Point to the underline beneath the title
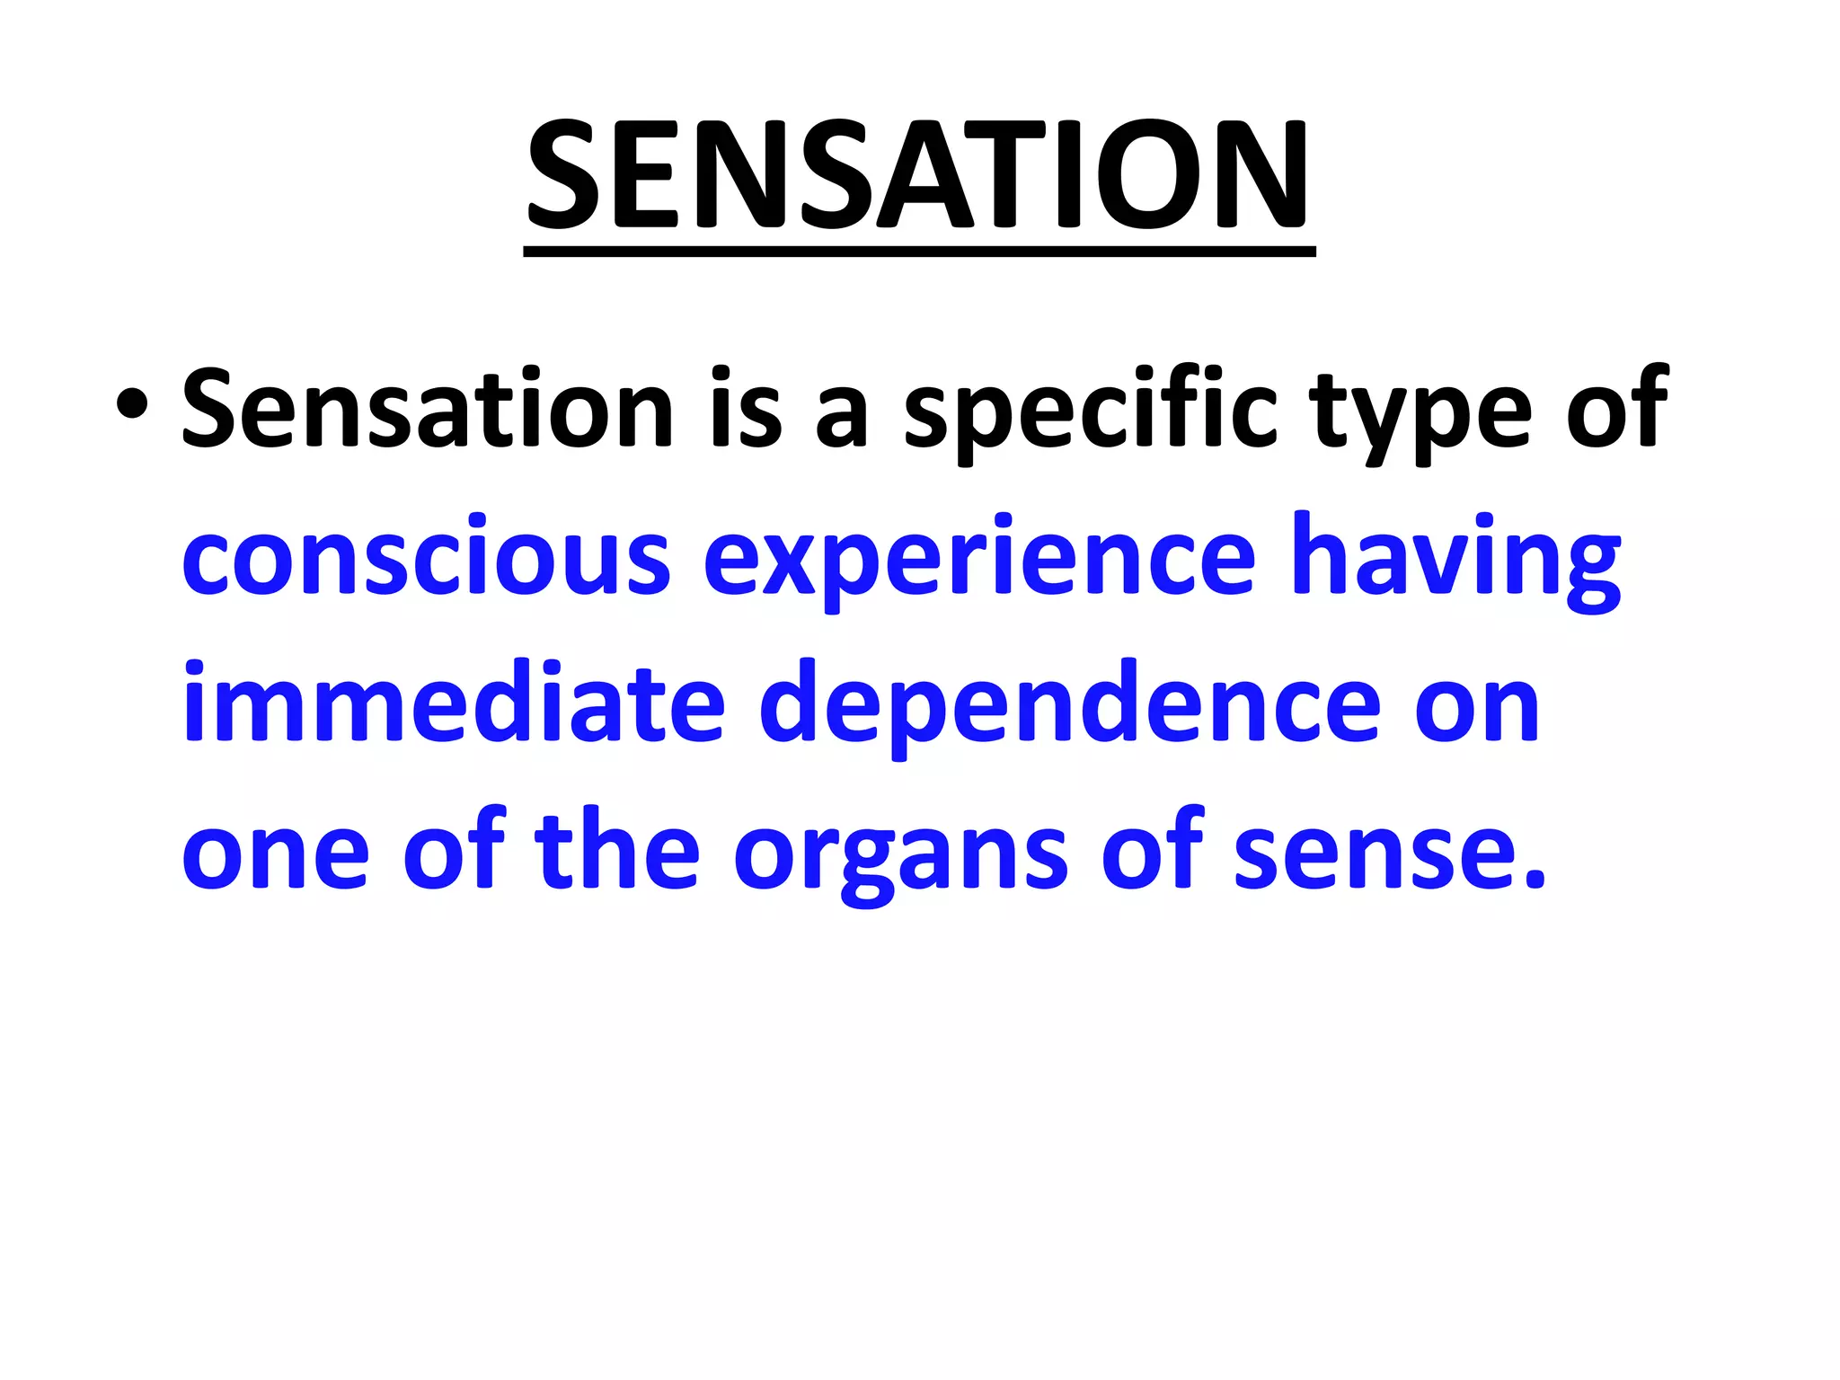(x=918, y=252)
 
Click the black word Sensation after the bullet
(x=428, y=409)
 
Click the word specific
(x=1090, y=411)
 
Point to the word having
(x=1455, y=559)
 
